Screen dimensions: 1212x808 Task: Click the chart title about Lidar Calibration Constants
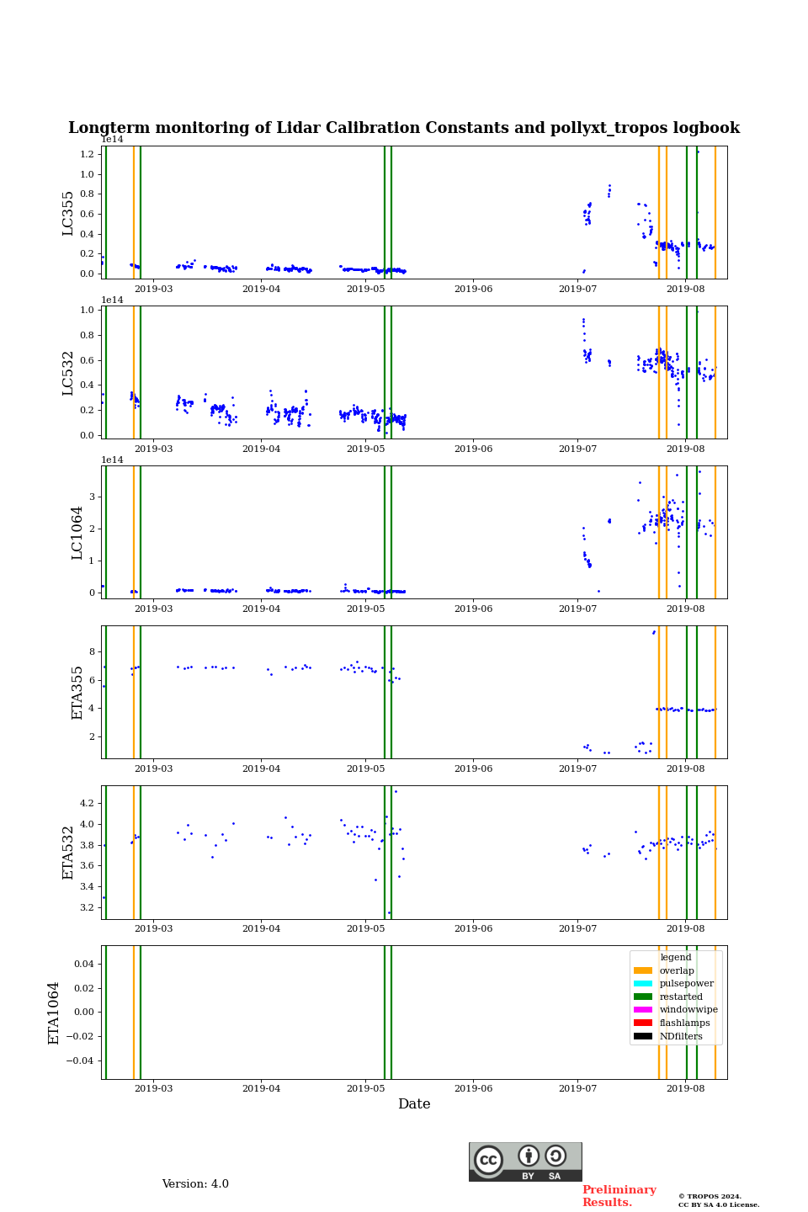pyautogui.click(x=404, y=128)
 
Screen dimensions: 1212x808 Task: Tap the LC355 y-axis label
pyautogui.click(x=68, y=213)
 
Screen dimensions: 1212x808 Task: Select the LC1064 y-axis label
pyautogui.click(x=77, y=533)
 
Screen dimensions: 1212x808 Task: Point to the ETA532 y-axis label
pyautogui.click(x=68, y=853)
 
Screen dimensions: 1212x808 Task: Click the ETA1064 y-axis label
pyautogui.click(x=54, y=1013)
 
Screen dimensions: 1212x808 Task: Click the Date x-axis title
pyautogui.click(x=414, y=1104)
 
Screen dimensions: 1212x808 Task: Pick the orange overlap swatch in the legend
pyautogui.click(x=643, y=970)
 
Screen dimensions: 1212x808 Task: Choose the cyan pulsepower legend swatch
pyautogui.click(x=643, y=984)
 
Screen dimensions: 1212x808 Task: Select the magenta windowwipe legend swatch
pyautogui.click(x=643, y=1010)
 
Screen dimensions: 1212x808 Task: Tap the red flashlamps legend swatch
pyautogui.click(x=643, y=1023)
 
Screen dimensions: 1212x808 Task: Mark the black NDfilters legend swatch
pyautogui.click(x=643, y=1036)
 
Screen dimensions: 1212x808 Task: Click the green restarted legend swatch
pyautogui.click(x=643, y=997)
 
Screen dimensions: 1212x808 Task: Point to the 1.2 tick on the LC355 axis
pyautogui.click(x=88, y=155)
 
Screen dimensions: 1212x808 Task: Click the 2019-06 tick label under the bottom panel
pyautogui.click(x=473, y=1089)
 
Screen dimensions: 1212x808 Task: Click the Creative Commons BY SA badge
pyautogui.click(x=525, y=1161)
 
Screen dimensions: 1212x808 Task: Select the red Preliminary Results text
pyautogui.click(x=619, y=1196)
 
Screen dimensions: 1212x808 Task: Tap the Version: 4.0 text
pyautogui.click(x=195, y=1184)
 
